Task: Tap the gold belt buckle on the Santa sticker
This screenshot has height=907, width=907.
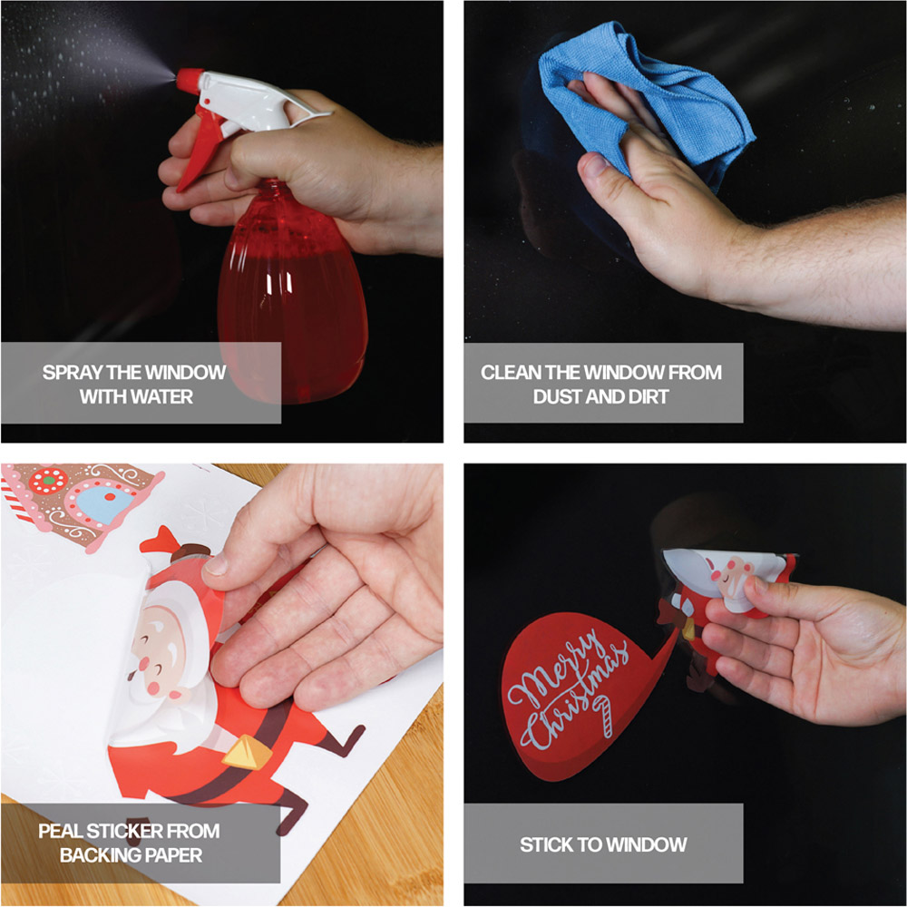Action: click(247, 751)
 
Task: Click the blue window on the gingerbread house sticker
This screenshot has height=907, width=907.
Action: click(104, 503)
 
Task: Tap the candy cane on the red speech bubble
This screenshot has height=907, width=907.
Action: click(603, 717)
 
